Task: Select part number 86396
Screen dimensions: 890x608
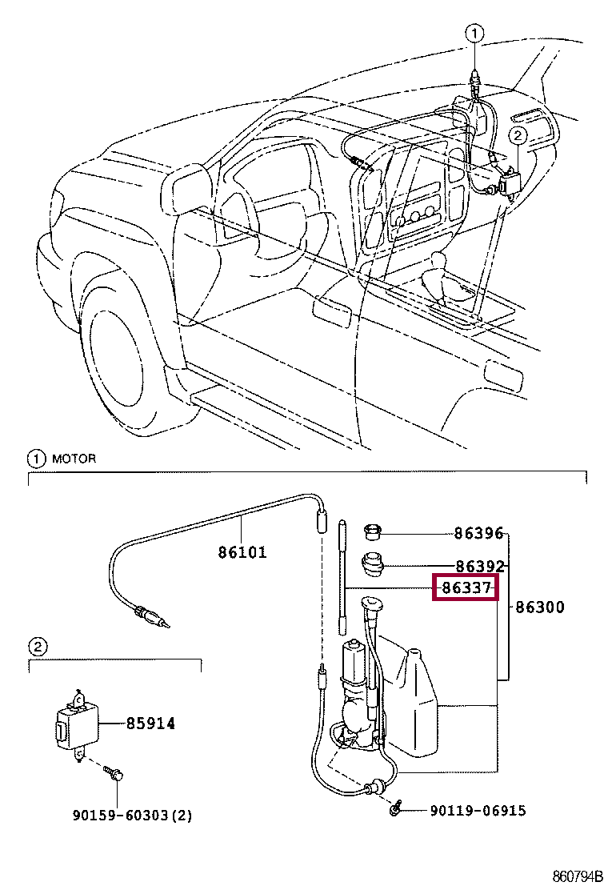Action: coord(478,534)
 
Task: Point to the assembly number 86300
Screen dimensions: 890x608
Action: coord(540,607)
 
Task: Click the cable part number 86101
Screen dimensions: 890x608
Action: coord(242,552)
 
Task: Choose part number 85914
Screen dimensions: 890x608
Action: coord(150,724)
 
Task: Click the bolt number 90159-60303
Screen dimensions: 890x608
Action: coord(132,816)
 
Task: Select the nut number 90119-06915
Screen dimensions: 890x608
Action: coord(478,811)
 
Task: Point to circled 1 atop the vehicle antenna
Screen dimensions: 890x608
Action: coord(474,34)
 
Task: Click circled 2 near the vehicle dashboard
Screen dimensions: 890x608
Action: coord(518,137)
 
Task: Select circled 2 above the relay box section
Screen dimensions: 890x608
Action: coord(37,647)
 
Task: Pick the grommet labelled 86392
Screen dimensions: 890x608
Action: coord(371,564)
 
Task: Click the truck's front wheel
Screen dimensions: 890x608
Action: coord(128,352)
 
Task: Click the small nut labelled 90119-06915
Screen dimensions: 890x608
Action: coord(394,811)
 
